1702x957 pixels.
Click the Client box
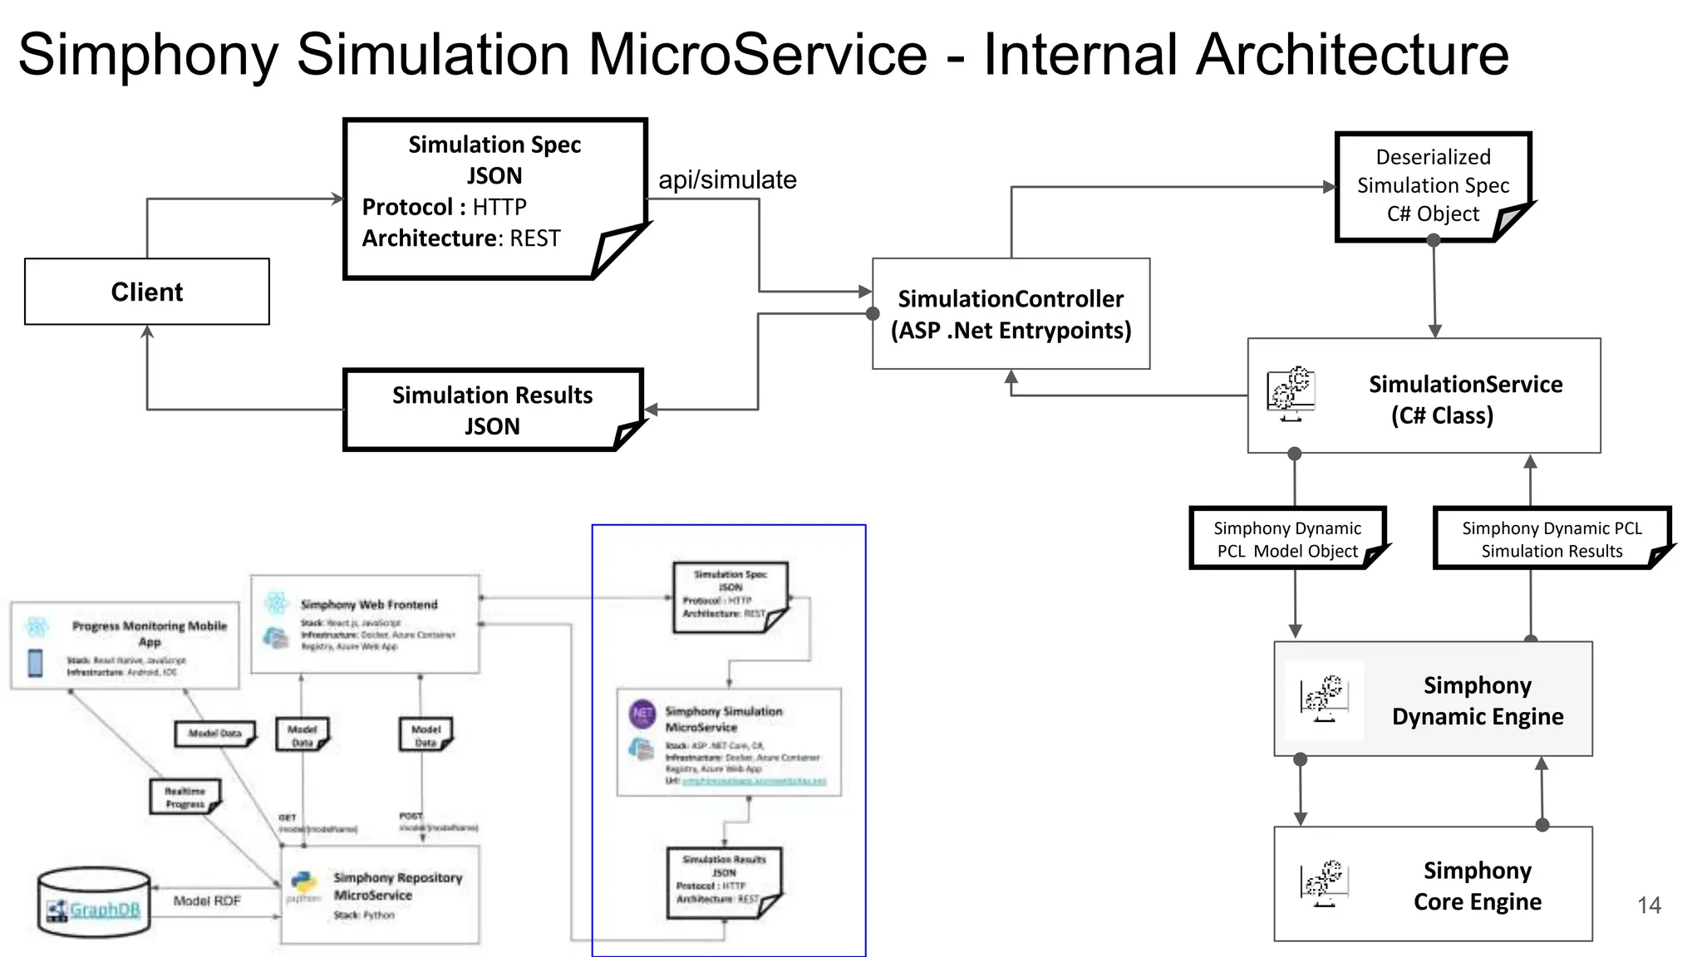pos(147,292)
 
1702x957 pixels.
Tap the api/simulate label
pos(727,179)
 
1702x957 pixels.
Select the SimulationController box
pos(1011,314)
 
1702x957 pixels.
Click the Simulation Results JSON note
pos(492,410)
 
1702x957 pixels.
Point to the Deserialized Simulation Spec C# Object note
pos(1432,185)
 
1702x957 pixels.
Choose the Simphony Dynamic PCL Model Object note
pos(1286,539)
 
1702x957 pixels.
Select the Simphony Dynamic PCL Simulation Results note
pos(1551,539)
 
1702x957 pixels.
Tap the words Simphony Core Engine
pos(1477,886)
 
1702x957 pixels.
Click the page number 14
pos(1649,905)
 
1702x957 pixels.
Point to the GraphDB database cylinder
pos(94,902)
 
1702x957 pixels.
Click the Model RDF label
pos(207,901)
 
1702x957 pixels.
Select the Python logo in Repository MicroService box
pos(303,884)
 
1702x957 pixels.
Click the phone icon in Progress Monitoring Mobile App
pos(36,663)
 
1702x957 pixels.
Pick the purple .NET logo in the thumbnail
pos(642,713)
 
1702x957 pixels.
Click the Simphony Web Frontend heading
pos(368,605)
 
